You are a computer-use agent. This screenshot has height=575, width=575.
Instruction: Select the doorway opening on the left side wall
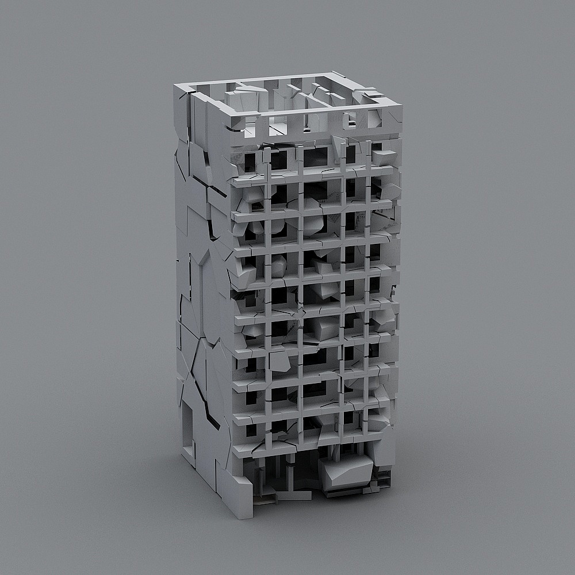tap(188, 428)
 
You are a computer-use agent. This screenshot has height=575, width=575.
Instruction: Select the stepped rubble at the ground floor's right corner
tap(382, 477)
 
